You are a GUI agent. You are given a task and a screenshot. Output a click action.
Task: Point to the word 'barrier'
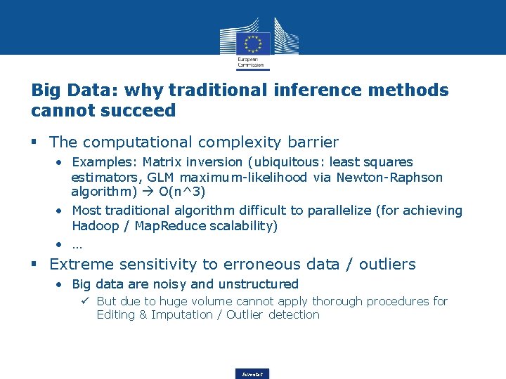[313, 142]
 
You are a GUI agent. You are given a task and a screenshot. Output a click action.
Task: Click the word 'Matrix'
[163, 162]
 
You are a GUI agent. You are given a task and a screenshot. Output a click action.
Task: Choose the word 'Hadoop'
[94, 226]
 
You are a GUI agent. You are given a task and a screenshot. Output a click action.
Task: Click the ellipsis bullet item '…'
[77, 244]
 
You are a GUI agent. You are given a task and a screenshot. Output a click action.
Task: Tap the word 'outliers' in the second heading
[387, 265]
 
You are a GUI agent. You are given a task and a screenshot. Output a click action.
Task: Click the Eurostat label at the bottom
[252, 374]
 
